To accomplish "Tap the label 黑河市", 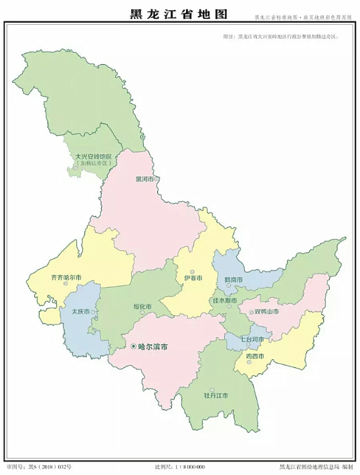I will pos(145,179).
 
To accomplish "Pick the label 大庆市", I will pos(74,310).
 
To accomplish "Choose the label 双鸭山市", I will pos(266,312).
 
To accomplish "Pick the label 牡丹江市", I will pos(215,395).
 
